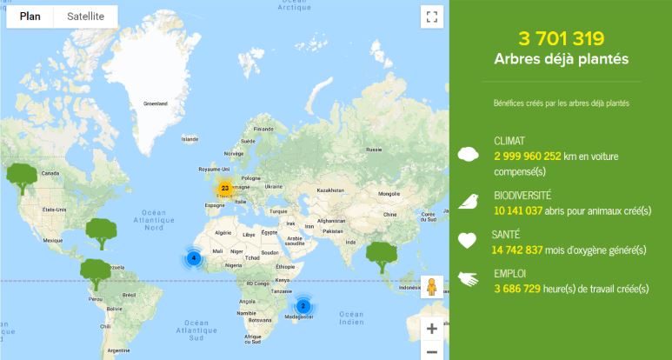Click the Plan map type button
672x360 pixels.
30,17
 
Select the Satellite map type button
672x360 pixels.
85,17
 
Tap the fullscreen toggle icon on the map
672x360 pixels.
431,17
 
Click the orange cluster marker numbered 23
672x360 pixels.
224,188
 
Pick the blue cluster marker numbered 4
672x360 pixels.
194,257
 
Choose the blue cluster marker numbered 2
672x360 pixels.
303,305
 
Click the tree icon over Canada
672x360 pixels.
22,175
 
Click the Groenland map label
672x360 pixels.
156,103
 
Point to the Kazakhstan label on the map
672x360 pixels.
331,190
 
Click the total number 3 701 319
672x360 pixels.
561,38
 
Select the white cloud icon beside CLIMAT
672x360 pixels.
469,154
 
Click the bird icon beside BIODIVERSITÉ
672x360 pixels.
469,202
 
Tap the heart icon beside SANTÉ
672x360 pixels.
469,240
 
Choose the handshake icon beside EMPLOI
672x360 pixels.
469,279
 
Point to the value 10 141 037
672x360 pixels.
518,210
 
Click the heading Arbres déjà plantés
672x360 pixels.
561,59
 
